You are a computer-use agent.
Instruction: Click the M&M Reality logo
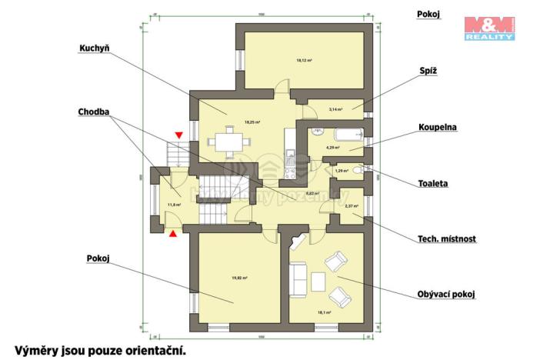[488, 27]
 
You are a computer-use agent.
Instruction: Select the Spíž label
[428, 68]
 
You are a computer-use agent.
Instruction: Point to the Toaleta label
[433, 184]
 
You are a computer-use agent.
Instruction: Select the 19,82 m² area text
[239, 278]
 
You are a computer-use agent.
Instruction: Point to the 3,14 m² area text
[335, 109]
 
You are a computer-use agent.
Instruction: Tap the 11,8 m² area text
[174, 205]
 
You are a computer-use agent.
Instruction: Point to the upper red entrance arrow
[178, 136]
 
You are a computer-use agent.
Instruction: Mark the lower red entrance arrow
[174, 232]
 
